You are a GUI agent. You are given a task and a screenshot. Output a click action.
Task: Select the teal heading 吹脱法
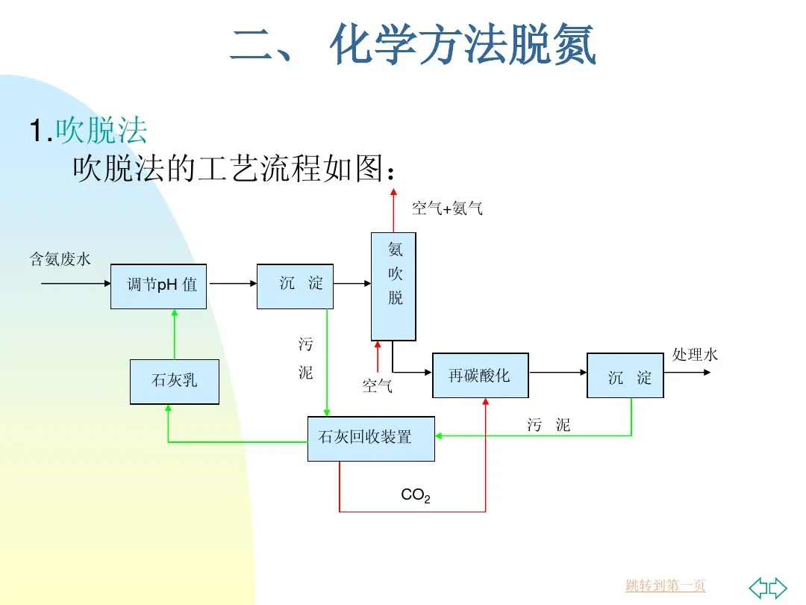tap(101, 131)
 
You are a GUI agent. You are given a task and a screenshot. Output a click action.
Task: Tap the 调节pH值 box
tap(158, 286)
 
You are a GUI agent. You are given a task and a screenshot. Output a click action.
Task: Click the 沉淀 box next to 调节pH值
tap(295, 286)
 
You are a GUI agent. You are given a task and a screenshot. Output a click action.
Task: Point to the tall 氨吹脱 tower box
tap(393, 286)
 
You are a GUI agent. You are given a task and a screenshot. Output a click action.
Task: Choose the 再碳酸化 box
tap(480, 375)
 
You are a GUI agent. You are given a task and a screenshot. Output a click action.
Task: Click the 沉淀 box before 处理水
tap(625, 375)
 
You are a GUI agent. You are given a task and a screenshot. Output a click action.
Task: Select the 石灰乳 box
tap(175, 382)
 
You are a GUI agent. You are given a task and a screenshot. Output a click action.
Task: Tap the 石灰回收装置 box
tap(370, 438)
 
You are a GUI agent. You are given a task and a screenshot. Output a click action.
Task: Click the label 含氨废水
tap(60, 259)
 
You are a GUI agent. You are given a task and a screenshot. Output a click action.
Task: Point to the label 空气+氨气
tap(447, 208)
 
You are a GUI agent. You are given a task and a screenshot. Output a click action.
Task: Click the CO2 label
tap(415, 495)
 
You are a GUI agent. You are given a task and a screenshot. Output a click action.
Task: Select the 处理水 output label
tap(694, 355)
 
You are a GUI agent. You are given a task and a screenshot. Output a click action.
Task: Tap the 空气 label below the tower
tap(377, 386)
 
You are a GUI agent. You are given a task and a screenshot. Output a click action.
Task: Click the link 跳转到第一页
tap(665, 586)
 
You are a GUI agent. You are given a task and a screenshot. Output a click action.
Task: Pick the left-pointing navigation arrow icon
tap(758, 587)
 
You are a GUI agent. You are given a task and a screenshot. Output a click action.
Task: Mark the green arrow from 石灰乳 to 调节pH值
tap(175, 334)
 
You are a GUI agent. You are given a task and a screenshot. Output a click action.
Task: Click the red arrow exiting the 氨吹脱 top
tap(393, 211)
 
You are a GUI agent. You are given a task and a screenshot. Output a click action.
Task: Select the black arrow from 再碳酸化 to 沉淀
tap(557, 372)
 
